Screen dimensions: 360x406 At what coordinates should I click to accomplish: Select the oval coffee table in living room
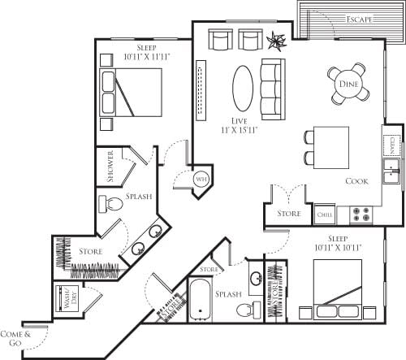pos(243,87)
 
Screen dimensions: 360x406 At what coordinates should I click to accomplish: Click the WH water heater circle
pos(201,180)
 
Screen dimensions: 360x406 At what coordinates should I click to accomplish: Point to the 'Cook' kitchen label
pos(358,181)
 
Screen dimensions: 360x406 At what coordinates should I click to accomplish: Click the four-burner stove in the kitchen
pos(361,215)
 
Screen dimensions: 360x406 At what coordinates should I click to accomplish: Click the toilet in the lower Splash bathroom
pos(258,309)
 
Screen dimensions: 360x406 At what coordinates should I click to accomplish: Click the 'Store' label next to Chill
pos(289,214)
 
